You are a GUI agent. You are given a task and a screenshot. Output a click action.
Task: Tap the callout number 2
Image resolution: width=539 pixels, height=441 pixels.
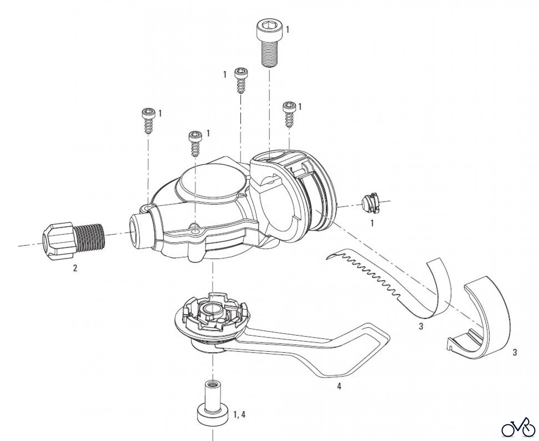(75, 268)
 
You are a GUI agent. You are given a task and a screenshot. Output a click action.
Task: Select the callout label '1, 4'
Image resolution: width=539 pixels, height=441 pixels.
(240, 415)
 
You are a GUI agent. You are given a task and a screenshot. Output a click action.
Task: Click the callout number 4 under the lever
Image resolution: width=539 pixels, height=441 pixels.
(339, 387)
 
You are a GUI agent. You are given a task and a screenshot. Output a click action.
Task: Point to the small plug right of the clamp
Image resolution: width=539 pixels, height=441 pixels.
(370, 204)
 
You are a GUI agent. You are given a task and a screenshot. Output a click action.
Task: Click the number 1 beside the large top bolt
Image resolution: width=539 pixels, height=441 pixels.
(287, 30)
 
